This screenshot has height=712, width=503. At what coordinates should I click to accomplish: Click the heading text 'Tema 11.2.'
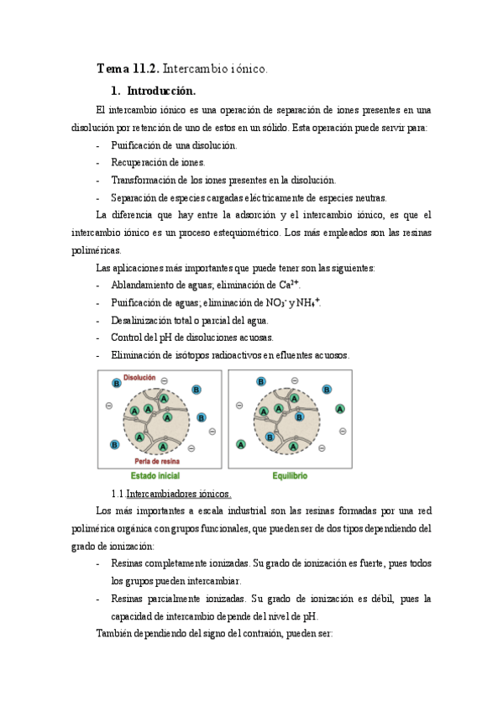(x=128, y=69)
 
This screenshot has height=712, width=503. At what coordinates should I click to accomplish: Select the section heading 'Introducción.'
(x=161, y=92)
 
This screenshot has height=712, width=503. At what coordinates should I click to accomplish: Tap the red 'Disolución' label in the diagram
(x=139, y=378)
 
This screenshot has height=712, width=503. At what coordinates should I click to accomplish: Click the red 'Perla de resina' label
(x=157, y=461)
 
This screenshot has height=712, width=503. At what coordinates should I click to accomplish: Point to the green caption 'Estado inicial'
(x=155, y=476)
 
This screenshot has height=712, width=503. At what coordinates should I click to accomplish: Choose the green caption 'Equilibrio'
(x=290, y=476)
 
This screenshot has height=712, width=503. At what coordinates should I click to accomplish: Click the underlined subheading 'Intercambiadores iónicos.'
(x=179, y=494)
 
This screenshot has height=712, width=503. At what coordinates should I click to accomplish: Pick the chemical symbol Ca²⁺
(x=289, y=285)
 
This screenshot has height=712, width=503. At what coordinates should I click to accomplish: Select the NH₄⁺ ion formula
(x=308, y=302)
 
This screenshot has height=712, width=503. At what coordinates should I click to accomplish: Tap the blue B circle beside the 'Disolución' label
(x=117, y=383)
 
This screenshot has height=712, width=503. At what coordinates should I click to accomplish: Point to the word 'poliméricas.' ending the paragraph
(x=97, y=250)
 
